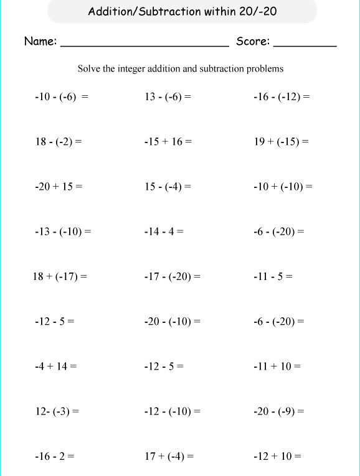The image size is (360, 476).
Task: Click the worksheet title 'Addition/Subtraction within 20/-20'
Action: tap(179, 11)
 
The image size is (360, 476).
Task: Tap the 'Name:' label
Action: tap(40, 42)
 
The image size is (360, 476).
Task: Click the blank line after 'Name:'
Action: tap(144, 45)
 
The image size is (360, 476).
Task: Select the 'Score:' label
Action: tap(253, 42)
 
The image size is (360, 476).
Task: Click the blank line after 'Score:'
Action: tap(305, 45)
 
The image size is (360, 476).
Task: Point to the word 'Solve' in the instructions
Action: tap(88, 69)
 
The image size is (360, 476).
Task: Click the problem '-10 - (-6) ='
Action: tap(62, 96)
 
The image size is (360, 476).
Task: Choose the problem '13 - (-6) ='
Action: tap(168, 96)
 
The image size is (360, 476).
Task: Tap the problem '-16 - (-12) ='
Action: tap(282, 96)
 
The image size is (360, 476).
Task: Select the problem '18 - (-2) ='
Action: tap(59, 141)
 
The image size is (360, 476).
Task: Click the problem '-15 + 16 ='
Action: tap(168, 141)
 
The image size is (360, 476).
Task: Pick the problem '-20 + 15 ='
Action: tap(59, 186)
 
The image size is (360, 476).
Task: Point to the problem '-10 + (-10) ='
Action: tap(283, 186)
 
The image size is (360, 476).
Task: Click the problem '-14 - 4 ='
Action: tap(164, 231)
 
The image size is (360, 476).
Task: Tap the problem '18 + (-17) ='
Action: tap(60, 276)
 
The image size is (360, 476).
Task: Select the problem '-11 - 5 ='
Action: tap(273, 276)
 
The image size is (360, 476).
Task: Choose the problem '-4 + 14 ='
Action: tap(56, 366)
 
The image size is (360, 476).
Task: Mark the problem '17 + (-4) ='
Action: tap(169, 456)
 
